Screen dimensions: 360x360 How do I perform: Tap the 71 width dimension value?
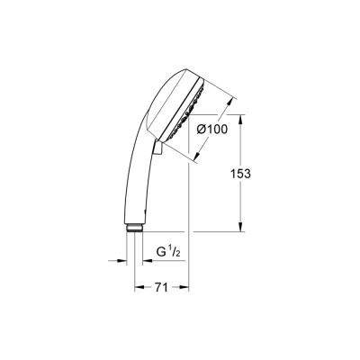click(162, 290)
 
